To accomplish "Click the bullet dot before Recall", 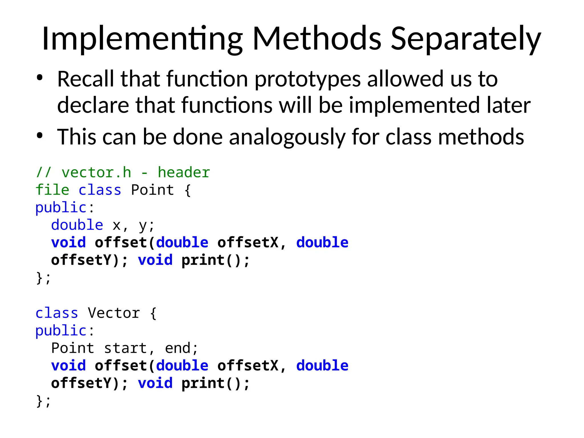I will [x=40, y=78].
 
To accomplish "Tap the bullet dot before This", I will [x=40, y=136].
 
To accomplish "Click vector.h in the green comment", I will [x=96, y=173].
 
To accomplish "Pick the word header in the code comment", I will [x=184, y=173].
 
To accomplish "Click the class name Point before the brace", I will [x=152, y=190].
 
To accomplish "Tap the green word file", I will [x=52, y=190].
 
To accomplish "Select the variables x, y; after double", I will [x=133, y=225].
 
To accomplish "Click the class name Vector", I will [x=114, y=313].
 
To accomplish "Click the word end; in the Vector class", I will [x=181, y=348].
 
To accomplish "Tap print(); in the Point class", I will [x=216, y=260].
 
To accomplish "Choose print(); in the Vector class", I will [x=216, y=383].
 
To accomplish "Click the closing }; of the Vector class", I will [x=43, y=401].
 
